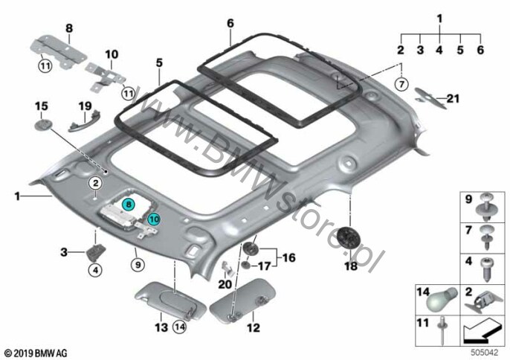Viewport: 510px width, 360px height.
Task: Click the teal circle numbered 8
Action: coord(129,205)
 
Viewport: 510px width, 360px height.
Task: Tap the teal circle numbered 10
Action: coord(154,219)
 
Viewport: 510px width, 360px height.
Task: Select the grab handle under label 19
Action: coord(84,120)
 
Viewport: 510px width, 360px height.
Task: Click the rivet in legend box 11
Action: coord(442,330)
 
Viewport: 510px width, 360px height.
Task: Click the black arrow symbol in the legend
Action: coord(483,331)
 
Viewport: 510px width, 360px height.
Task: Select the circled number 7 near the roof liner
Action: coord(401,84)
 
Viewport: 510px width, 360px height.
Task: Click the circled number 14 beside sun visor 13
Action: coord(180,327)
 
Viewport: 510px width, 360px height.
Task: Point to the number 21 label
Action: coord(453,98)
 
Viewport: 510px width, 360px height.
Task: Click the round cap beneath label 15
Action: coord(43,124)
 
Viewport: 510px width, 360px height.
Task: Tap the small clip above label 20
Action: coord(228,268)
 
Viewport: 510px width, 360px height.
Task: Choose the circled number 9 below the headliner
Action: coord(138,265)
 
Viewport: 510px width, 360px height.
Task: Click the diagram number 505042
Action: coord(484,353)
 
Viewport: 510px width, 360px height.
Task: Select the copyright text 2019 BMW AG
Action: coord(36,353)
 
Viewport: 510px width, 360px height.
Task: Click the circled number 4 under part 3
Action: coord(96,269)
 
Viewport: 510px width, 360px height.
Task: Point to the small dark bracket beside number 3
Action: coord(96,252)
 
